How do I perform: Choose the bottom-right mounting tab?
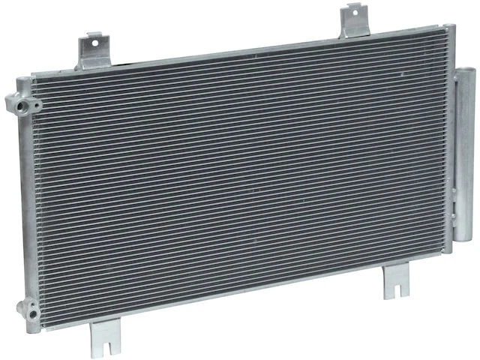click(x=394, y=283)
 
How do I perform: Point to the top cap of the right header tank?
click(x=448, y=28)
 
